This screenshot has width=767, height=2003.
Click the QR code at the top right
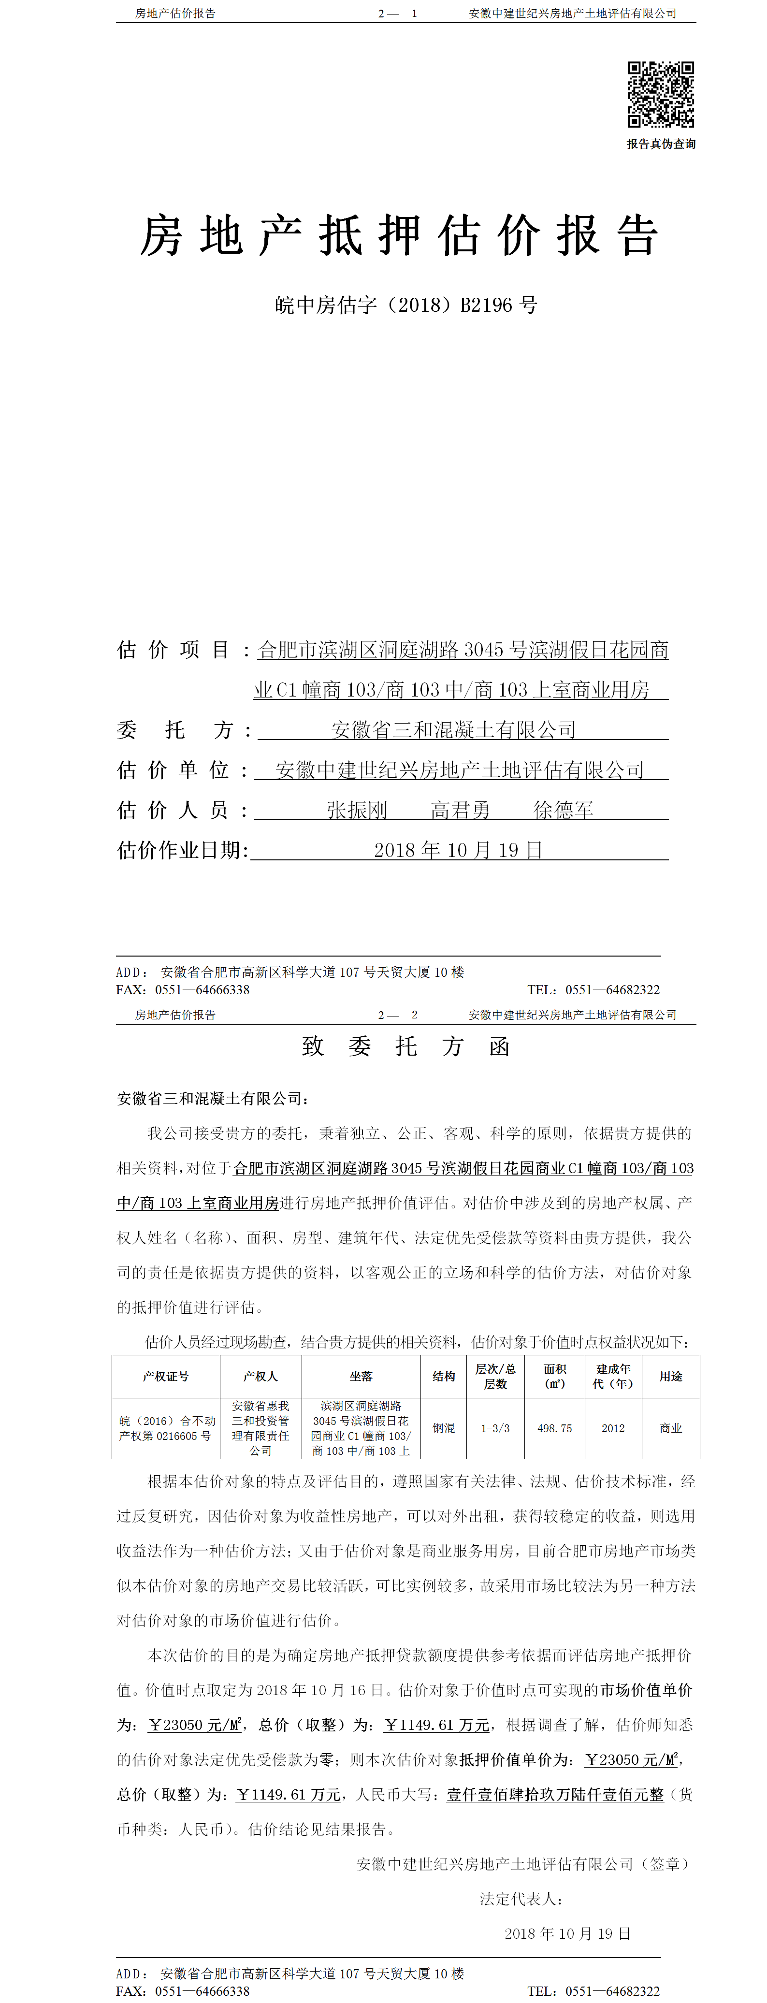[x=661, y=94]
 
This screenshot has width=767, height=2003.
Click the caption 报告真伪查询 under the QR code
[x=661, y=144]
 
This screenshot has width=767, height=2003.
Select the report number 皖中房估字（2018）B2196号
[x=405, y=305]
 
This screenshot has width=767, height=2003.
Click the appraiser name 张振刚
[x=357, y=810]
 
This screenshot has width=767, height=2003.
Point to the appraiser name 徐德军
[x=564, y=810]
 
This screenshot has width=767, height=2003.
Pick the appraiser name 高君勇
[x=460, y=810]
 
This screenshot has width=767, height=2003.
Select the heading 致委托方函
[x=405, y=1046]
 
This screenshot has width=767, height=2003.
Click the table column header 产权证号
[x=165, y=1376]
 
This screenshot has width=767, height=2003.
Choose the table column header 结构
[x=444, y=1376]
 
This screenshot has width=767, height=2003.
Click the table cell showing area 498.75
[x=555, y=1428]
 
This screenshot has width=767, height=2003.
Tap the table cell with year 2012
[x=613, y=1428]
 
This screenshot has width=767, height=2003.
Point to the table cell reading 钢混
[x=444, y=1428]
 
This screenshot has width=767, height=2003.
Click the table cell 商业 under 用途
[x=671, y=1428]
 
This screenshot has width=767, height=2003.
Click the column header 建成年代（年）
[x=613, y=1376]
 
